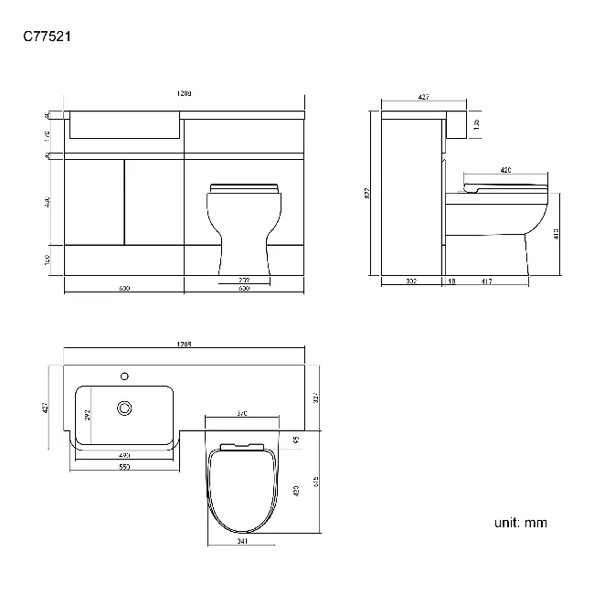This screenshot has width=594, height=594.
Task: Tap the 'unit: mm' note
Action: point(520,523)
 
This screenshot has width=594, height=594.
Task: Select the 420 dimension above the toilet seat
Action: point(504,171)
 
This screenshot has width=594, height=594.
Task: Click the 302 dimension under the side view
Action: point(411,281)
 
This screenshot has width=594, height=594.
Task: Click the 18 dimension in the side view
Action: point(451,281)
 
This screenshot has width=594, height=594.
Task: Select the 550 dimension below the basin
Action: point(123,467)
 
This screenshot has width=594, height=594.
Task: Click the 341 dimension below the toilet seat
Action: point(241,541)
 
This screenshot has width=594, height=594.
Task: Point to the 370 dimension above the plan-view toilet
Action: point(241,414)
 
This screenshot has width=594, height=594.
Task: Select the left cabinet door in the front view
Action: point(95,201)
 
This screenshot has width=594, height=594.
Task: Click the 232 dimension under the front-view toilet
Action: point(244,280)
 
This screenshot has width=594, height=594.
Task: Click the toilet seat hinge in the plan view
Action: point(241,446)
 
